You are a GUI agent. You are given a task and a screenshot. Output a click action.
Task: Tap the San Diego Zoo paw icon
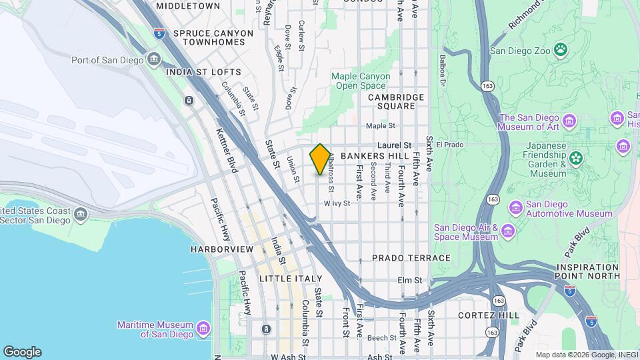(563, 49)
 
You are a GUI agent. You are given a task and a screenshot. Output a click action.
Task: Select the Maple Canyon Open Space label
(361, 81)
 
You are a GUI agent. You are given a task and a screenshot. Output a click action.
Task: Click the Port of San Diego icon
(154, 60)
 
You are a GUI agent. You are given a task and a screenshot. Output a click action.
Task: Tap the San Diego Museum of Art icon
(569, 121)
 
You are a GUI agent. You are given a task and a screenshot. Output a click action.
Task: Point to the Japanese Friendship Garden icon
(575, 158)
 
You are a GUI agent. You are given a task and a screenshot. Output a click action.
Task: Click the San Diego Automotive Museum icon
(515, 209)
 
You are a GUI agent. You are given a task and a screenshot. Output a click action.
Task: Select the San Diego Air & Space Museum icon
(509, 231)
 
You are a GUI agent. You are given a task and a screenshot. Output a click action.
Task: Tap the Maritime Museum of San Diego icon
(204, 329)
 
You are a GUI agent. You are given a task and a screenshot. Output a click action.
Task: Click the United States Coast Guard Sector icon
(81, 215)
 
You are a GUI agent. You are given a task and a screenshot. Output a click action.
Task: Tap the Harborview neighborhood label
(222, 249)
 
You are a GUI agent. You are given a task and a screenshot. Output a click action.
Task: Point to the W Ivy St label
(337, 203)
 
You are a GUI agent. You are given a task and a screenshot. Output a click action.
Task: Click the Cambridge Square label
(396, 101)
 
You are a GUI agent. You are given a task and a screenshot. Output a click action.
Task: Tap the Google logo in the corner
(22, 352)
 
